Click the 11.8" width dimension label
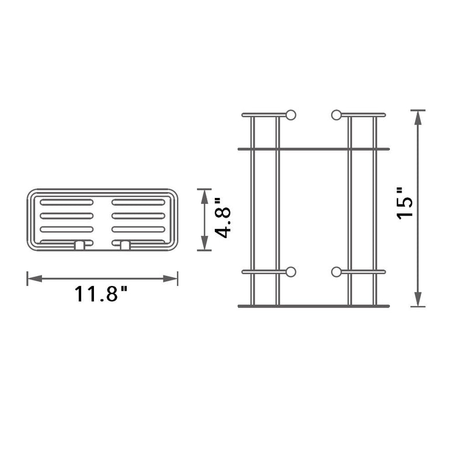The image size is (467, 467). click(100, 294)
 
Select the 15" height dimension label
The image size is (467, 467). click(405, 203)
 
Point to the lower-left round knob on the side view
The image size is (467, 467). click(291, 271)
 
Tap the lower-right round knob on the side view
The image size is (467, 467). click(336, 271)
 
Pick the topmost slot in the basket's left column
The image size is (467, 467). click(66, 203)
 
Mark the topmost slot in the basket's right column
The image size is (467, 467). click(138, 203)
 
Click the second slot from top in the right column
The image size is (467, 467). click(138, 216)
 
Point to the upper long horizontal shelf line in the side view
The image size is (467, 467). click(313, 149)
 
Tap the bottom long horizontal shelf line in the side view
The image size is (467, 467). click(313, 306)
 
